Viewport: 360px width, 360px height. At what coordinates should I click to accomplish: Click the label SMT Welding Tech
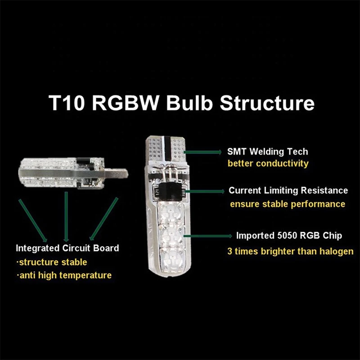pos(268,152)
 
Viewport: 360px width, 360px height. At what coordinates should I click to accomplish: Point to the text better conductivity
pos(268,163)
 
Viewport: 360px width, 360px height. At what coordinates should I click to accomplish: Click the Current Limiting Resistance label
pos(288,190)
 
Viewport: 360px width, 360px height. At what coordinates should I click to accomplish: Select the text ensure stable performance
pos(288,204)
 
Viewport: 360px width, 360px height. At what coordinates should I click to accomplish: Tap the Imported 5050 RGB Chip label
pos(289,236)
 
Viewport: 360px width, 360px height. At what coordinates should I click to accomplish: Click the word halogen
pos(334,251)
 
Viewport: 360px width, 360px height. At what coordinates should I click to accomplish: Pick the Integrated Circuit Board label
pos(67,248)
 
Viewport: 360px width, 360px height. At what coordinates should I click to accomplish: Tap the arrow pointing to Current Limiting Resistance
pos(205,191)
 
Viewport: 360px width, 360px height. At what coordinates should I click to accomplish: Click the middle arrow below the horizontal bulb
pos(67,216)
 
